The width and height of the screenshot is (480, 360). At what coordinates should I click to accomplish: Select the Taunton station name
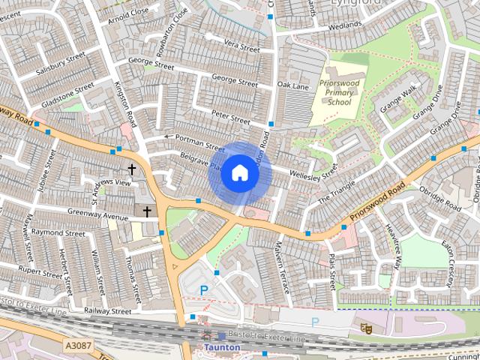(x=222, y=348)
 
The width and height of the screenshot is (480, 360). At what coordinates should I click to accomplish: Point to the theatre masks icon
(x=365, y=328)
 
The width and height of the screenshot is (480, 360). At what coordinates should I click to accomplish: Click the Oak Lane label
(x=292, y=86)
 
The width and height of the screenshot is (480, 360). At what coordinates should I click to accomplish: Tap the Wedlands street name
(x=344, y=25)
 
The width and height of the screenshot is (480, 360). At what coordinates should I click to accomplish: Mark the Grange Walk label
(x=399, y=101)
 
